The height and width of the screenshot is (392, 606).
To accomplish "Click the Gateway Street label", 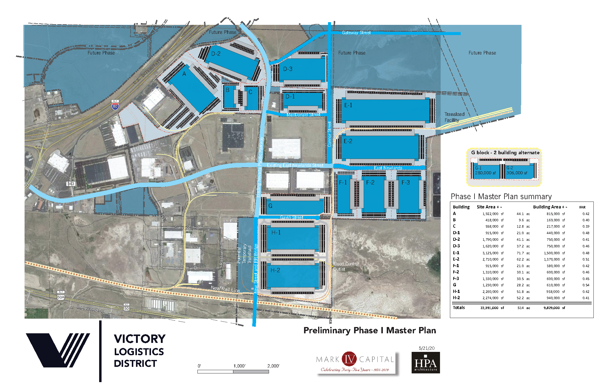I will [356, 33].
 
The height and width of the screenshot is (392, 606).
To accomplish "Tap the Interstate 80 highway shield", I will [115, 105].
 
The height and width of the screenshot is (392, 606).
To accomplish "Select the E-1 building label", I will [348, 105].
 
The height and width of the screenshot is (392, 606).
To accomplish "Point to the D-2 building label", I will [216, 54].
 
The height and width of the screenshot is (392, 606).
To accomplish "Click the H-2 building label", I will [275, 270].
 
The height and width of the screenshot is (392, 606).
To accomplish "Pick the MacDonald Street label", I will [303, 115].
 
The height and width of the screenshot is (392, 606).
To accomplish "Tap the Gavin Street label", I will [291, 217].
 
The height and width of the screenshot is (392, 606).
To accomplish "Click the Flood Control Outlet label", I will [345, 266].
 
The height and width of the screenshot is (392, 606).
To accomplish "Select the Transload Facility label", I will [454, 117].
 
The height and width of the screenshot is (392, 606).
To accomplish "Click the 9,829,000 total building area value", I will [551, 308].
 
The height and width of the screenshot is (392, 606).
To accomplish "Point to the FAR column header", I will [582, 207].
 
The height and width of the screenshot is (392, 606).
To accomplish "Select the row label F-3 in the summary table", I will [456, 279].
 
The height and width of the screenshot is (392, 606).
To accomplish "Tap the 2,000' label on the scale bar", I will [273, 366].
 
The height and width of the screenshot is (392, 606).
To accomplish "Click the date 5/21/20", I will [427, 348].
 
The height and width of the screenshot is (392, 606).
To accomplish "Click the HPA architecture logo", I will [426, 363].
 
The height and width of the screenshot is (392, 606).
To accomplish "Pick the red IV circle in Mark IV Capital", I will [349, 359].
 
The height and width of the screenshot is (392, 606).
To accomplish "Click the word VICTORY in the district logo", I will [140, 339].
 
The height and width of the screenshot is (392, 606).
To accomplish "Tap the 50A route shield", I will [61, 297].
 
